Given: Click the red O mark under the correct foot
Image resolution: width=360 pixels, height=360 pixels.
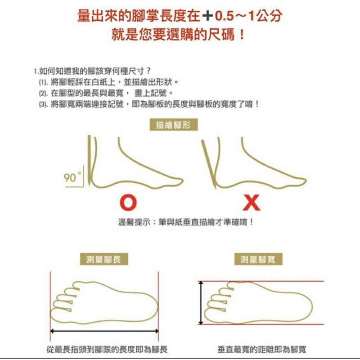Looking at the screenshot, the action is (128, 202).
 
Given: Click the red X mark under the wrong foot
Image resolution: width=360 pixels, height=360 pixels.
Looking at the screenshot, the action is (252, 202).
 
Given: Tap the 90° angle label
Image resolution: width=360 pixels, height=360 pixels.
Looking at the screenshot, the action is (72, 177).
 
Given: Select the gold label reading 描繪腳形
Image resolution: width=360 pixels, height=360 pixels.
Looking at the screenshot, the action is (174, 125).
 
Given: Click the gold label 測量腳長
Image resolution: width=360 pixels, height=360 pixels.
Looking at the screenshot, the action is (104, 259).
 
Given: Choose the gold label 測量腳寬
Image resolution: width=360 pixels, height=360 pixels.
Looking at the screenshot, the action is (258, 259).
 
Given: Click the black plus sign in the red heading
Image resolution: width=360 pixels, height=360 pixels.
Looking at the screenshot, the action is (207, 16).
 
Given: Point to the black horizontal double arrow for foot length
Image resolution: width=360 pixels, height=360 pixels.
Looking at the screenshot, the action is (104, 331).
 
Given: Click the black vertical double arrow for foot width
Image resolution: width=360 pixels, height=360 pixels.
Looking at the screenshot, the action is (201, 302).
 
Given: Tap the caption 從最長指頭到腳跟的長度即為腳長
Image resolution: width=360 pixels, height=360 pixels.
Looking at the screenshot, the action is (107, 349).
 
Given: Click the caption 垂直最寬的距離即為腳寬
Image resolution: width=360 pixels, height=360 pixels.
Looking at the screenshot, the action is (262, 349).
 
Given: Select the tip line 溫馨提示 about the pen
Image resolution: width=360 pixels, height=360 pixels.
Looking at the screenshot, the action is (186, 222).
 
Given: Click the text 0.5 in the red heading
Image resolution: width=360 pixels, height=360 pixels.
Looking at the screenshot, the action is (224, 16).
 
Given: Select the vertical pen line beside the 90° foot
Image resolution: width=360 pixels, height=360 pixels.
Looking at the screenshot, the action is (89, 161).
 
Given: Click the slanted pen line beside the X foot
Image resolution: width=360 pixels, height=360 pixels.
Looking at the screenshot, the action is (209, 164).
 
